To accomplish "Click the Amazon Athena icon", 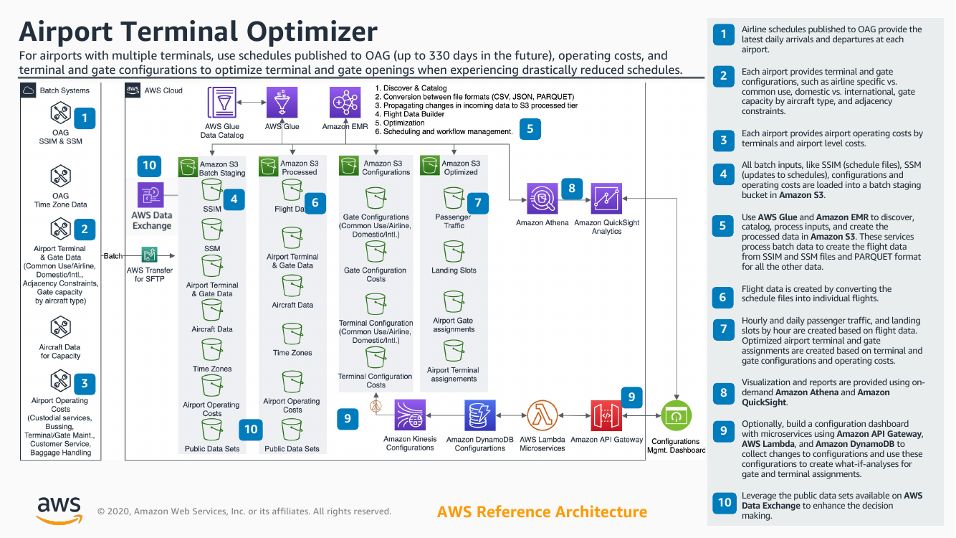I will tap(542, 199).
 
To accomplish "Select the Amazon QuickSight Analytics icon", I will tap(606, 199).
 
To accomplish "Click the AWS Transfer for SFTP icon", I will tap(150, 255).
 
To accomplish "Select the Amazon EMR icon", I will tap(345, 103).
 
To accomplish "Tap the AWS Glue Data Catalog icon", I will tap(222, 103).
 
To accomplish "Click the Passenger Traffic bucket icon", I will tap(453, 198).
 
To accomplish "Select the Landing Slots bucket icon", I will tap(453, 252).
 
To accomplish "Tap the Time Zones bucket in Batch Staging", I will tap(211, 350).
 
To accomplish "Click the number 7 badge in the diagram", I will tap(478, 203).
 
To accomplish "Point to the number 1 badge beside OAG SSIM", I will tap(85, 118).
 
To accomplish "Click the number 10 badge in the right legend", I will tap(725, 502).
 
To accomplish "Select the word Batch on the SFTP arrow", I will tap(113, 256).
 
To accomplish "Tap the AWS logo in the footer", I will tap(59, 509).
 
